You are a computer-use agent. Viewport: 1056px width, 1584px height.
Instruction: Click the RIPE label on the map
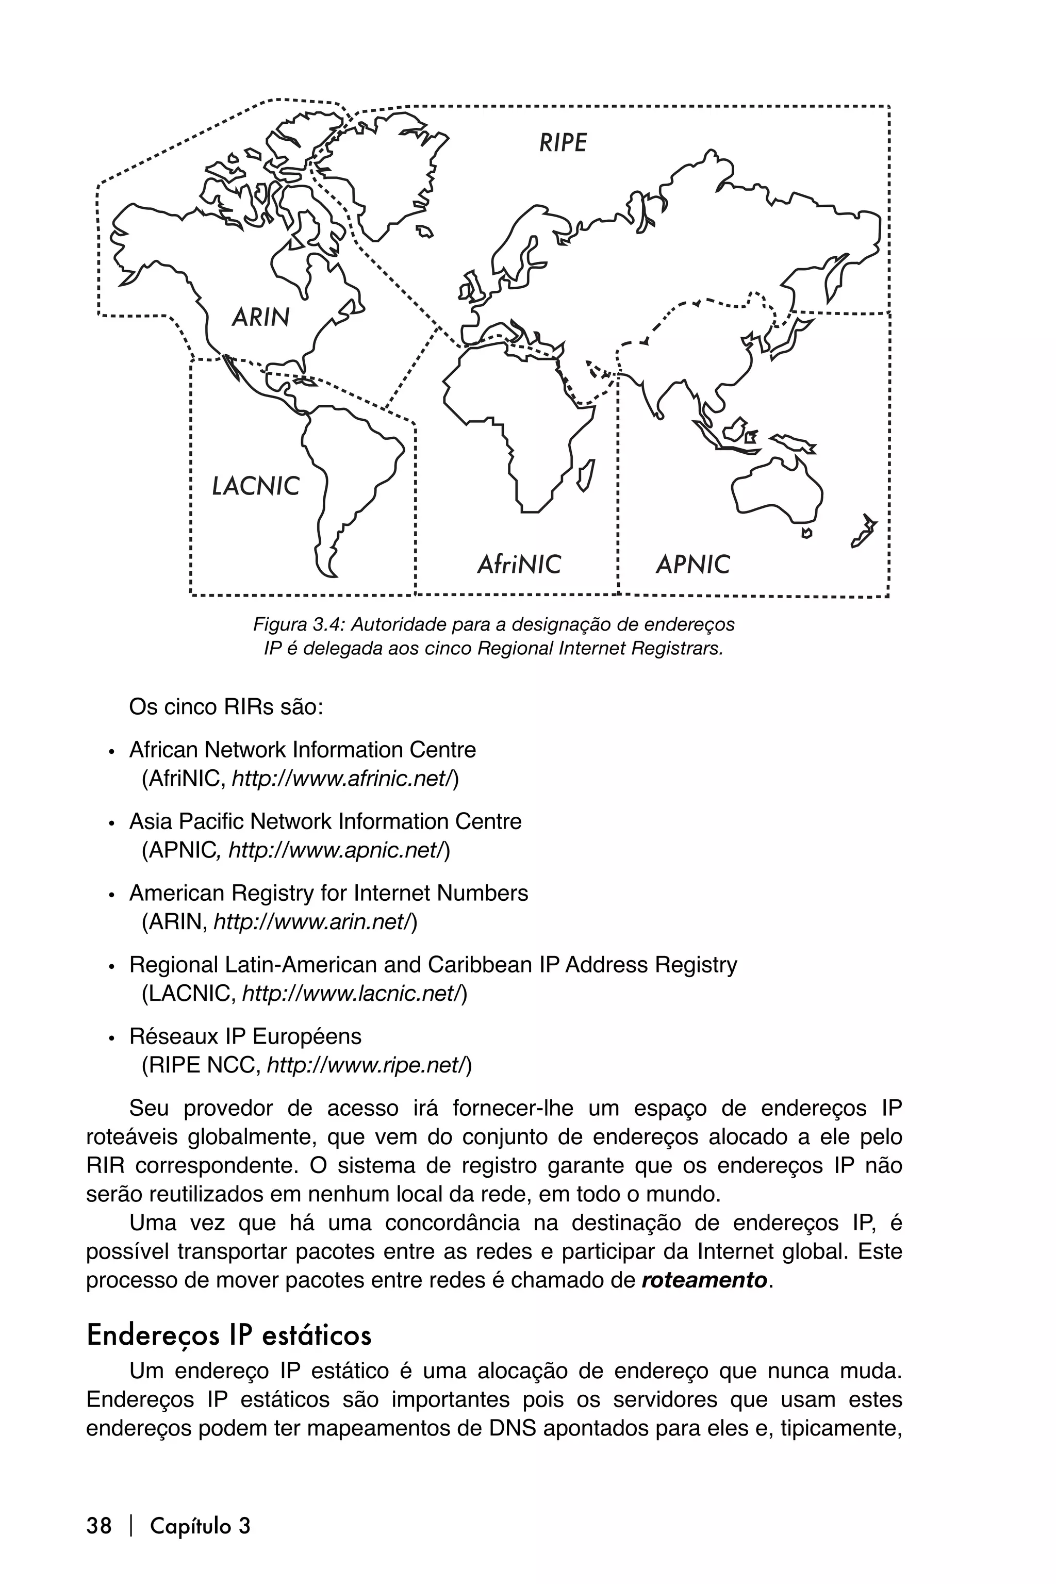tap(563, 143)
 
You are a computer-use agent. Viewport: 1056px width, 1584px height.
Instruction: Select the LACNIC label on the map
tap(255, 486)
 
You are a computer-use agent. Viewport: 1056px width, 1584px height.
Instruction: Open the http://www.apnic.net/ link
tap(339, 851)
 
